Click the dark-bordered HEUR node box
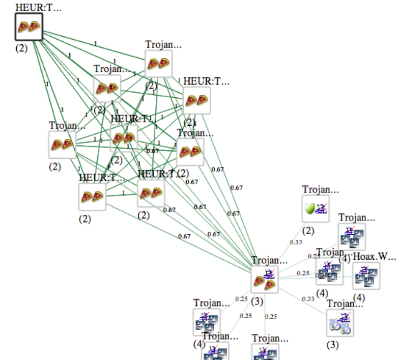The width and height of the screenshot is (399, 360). (28, 26)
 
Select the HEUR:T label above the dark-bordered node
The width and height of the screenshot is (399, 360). (38, 7)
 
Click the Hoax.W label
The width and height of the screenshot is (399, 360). (374, 256)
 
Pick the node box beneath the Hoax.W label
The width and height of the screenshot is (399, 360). (366, 275)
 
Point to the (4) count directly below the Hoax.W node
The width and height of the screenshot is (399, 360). (358, 297)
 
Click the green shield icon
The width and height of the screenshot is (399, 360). (309, 208)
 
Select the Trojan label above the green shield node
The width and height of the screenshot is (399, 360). (320, 189)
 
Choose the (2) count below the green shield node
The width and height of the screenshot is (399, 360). (308, 231)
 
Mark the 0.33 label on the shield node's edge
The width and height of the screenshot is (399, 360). (296, 242)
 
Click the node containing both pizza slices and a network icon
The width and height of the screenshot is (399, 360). (265, 280)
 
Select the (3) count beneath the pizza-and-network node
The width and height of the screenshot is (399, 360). (257, 301)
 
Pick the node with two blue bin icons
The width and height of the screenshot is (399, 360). (340, 322)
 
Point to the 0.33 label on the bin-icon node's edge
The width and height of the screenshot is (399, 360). (308, 299)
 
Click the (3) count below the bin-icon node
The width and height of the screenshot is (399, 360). (332, 345)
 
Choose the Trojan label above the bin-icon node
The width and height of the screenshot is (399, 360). (345, 304)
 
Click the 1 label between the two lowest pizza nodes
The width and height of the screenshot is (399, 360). (123, 193)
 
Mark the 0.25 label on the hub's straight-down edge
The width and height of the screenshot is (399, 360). (271, 317)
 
